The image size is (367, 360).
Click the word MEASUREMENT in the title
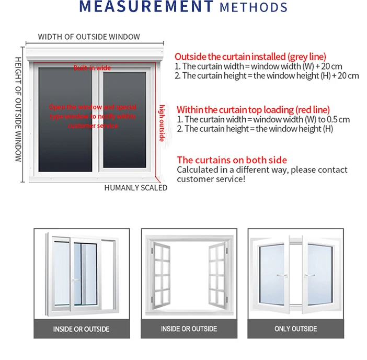tap(146, 7)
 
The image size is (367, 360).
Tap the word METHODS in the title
tap(254, 7)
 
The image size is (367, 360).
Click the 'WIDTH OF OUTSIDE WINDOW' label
tap(89, 37)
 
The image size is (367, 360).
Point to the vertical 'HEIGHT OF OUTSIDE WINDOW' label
tap(18, 109)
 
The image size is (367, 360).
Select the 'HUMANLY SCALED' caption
tap(136, 188)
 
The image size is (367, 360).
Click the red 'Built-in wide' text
tap(92, 68)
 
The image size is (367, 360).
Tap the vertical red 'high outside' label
tap(162, 122)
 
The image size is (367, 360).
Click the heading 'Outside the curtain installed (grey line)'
tap(250, 57)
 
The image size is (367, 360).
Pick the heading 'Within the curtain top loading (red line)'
tap(253, 110)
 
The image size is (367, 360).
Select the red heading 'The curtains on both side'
tap(232, 160)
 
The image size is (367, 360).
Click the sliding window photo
tap(81, 274)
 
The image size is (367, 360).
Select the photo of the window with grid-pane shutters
tap(189, 274)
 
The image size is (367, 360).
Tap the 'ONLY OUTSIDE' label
tap(295, 329)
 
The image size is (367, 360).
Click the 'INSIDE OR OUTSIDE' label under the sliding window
tap(81, 329)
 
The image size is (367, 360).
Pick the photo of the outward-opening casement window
tap(295, 274)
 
